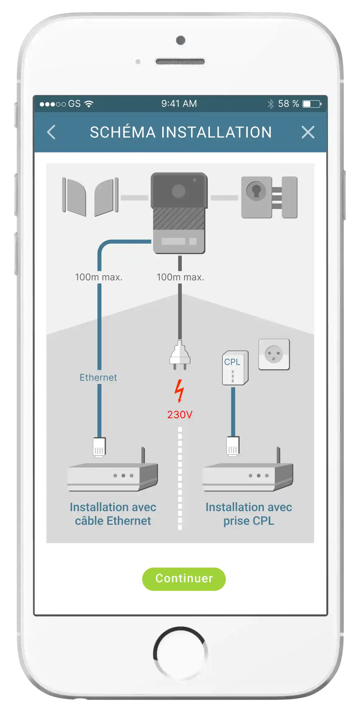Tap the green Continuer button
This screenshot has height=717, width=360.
point(184,579)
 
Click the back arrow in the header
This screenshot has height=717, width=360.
point(51,132)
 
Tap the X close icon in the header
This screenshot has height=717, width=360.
point(308,132)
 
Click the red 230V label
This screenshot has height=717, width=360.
point(180,415)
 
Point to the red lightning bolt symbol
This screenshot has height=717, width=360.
point(180,391)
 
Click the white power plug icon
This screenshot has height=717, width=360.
point(180,355)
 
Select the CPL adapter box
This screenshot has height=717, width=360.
point(235,368)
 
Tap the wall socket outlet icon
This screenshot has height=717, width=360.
point(274,354)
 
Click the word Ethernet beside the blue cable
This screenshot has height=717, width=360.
point(98,377)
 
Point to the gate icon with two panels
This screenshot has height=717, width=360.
point(90,197)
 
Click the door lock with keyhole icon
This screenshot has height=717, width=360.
point(269,197)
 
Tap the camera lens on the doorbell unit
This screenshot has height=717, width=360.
point(178,191)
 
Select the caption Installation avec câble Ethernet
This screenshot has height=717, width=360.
point(113,514)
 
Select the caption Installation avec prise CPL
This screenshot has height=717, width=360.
point(249,514)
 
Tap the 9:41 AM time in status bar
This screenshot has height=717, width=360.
point(179,104)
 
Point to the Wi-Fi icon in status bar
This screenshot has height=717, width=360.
point(89,104)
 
